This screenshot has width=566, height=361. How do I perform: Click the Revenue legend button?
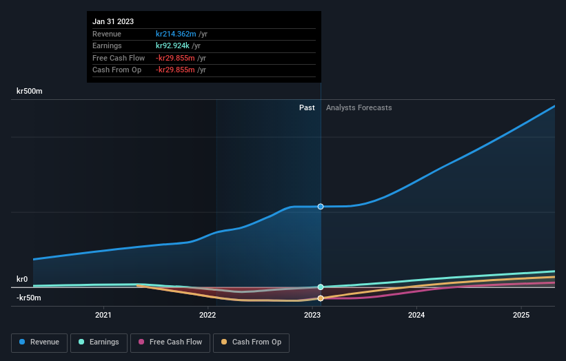tap(40, 342)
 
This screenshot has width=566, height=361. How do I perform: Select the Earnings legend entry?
tap(99, 342)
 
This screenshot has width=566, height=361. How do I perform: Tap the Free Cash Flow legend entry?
tap(170, 342)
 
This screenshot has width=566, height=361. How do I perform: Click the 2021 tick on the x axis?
tap(103, 315)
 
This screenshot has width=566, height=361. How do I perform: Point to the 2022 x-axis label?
tap(208, 315)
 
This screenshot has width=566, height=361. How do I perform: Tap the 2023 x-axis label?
tap(312, 315)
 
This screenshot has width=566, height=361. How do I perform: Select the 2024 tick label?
tap(416, 315)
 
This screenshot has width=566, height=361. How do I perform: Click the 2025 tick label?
tap(521, 315)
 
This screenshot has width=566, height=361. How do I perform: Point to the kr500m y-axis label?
tap(30, 91)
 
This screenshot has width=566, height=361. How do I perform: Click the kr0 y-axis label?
tap(22, 279)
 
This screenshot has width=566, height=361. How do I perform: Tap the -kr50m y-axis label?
tap(29, 298)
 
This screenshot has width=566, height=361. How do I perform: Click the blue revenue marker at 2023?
tap(321, 207)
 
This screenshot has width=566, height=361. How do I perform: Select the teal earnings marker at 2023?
tap(321, 287)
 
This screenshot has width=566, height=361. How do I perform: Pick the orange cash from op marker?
tap(321, 298)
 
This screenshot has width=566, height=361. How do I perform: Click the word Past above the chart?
tap(307, 107)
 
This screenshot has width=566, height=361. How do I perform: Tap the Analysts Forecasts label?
tap(358, 107)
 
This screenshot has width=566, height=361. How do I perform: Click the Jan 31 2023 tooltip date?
tap(113, 21)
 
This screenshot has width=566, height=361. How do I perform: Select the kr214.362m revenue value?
tap(176, 34)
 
